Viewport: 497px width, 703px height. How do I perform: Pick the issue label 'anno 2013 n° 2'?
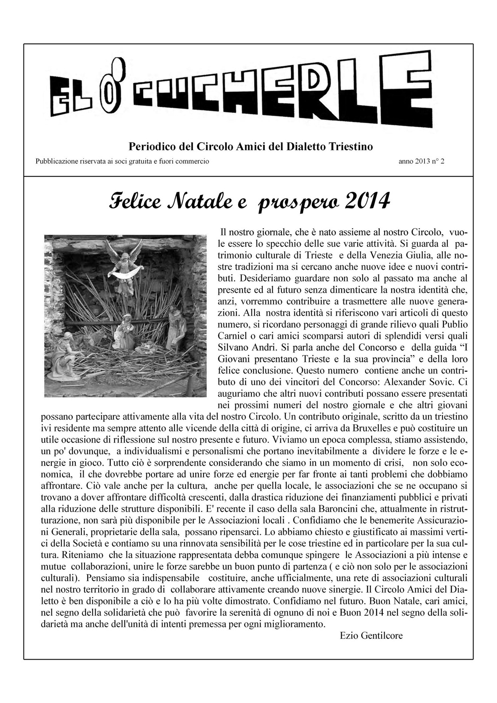[x=421, y=162]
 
